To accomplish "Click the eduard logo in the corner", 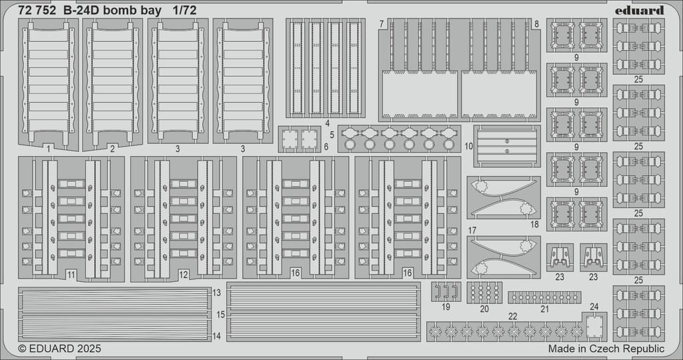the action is tap(640, 10).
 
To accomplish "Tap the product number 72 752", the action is tap(37, 11).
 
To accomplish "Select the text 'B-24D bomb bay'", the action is tap(112, 11).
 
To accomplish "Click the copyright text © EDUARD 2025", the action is tap(59, 349).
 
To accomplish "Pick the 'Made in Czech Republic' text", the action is tap(606, 349).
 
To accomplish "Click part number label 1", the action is tap(48, 149).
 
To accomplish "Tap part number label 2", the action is tap(112, 149).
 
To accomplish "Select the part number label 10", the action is tap(469, 146).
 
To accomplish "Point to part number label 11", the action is tap(71, 275).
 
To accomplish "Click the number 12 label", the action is tap(183, 275).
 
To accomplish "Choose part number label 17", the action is tap(472, 230).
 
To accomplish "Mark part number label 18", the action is tap(535, 225).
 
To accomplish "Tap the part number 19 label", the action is tap(445, 307).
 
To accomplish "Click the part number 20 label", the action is tap(484, 309).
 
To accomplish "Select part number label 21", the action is tap(544, 309).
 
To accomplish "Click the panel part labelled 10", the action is tap(507, 146).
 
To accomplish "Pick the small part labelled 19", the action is tap(446, 291).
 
